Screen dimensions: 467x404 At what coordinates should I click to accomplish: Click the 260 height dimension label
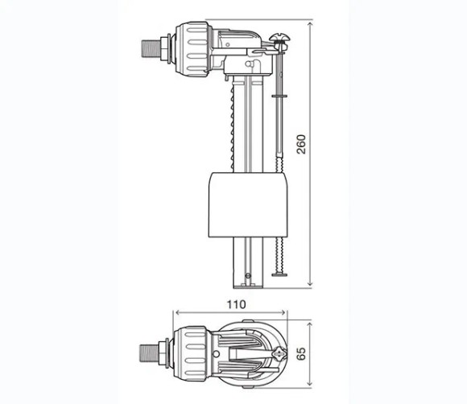coord(301,144)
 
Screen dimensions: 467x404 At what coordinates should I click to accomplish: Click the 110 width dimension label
coord(237,304)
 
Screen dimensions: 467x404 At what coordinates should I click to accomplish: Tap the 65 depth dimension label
coord(301,353)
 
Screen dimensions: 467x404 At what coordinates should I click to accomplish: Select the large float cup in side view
coord(248,205)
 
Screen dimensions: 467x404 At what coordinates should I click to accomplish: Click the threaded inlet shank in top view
coord(149,353)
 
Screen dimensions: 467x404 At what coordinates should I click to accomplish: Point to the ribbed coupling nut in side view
coord(193,49)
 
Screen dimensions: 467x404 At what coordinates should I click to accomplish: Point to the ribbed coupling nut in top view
coord(190,353)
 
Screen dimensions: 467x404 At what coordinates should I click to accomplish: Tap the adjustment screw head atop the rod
coord(280,38)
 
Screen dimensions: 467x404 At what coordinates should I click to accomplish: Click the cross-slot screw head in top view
coord(279,354)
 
